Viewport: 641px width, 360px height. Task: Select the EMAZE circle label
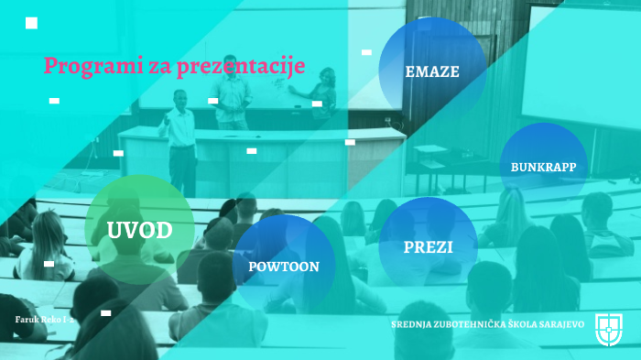click(432, 71)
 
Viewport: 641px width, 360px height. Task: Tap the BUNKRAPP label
click(543, 168)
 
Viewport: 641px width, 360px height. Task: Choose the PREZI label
click(428, 246)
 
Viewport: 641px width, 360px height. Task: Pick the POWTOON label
click(284, 267)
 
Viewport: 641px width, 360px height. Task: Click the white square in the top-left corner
click(32, 23)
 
